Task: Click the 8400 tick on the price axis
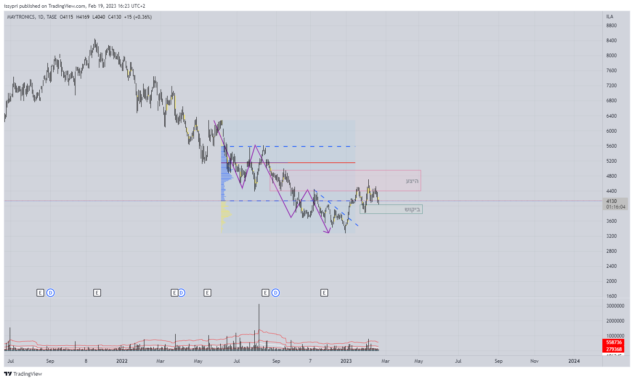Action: (x=611, y=41)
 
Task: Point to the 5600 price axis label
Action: (x=611, y=146)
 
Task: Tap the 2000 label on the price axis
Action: (x=611, y=281)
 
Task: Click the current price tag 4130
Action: (x=611, y=201)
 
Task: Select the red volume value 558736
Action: (x=614, y=342)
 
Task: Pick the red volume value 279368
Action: (x=614, y=349)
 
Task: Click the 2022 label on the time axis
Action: (x=122, y=361)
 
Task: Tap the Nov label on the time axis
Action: (x=535, y=361)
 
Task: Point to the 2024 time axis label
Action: (x=574, y=361)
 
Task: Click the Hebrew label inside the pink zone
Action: (x=412, y=181)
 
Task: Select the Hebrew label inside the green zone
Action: (x=412, y=209)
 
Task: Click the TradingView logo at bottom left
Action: (x=23, y=374)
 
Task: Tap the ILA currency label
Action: (x=610, y=17)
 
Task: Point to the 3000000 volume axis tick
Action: (x=615, y=306)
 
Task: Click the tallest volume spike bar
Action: (x=259, y=325)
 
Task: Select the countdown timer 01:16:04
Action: (x=616, y=207)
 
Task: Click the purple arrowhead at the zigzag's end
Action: (x=328, y=232)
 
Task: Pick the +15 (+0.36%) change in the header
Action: (x=138, y=17)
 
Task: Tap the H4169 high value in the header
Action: (x=83, y=17)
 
